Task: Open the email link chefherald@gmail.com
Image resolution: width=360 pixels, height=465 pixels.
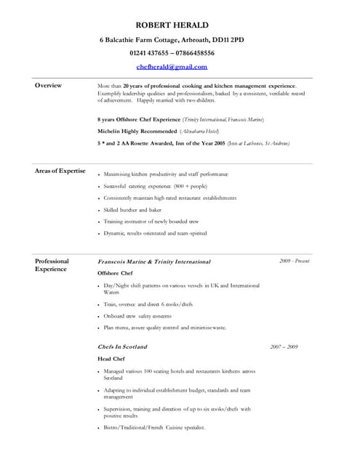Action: click(x=172, y=66)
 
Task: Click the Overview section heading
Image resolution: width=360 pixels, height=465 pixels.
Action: click(x=48, y=86)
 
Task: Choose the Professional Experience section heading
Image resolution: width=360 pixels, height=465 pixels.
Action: click(x=52, y=265)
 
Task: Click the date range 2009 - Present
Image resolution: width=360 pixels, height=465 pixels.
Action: click(x=294, y=261)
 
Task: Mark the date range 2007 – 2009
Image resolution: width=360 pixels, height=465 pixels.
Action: click(x=284, y=347)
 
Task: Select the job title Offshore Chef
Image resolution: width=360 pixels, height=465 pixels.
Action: click(x=115, y=273)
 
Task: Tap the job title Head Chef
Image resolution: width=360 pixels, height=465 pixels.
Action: click(x=111, y=359)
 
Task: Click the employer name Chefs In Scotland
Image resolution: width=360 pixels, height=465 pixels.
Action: click(x=122, y=347)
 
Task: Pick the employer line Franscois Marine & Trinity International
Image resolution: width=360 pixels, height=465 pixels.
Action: click(x=154, y=262)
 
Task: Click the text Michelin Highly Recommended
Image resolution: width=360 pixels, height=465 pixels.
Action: click(x=137, y=131)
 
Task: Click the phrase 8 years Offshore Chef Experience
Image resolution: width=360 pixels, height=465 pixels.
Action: click(x=139, y=119)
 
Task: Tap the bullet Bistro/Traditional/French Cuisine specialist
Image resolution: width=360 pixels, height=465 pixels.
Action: click(x=154, y=427)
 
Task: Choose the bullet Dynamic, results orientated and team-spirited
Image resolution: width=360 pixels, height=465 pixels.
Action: click(x=155, y=233)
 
